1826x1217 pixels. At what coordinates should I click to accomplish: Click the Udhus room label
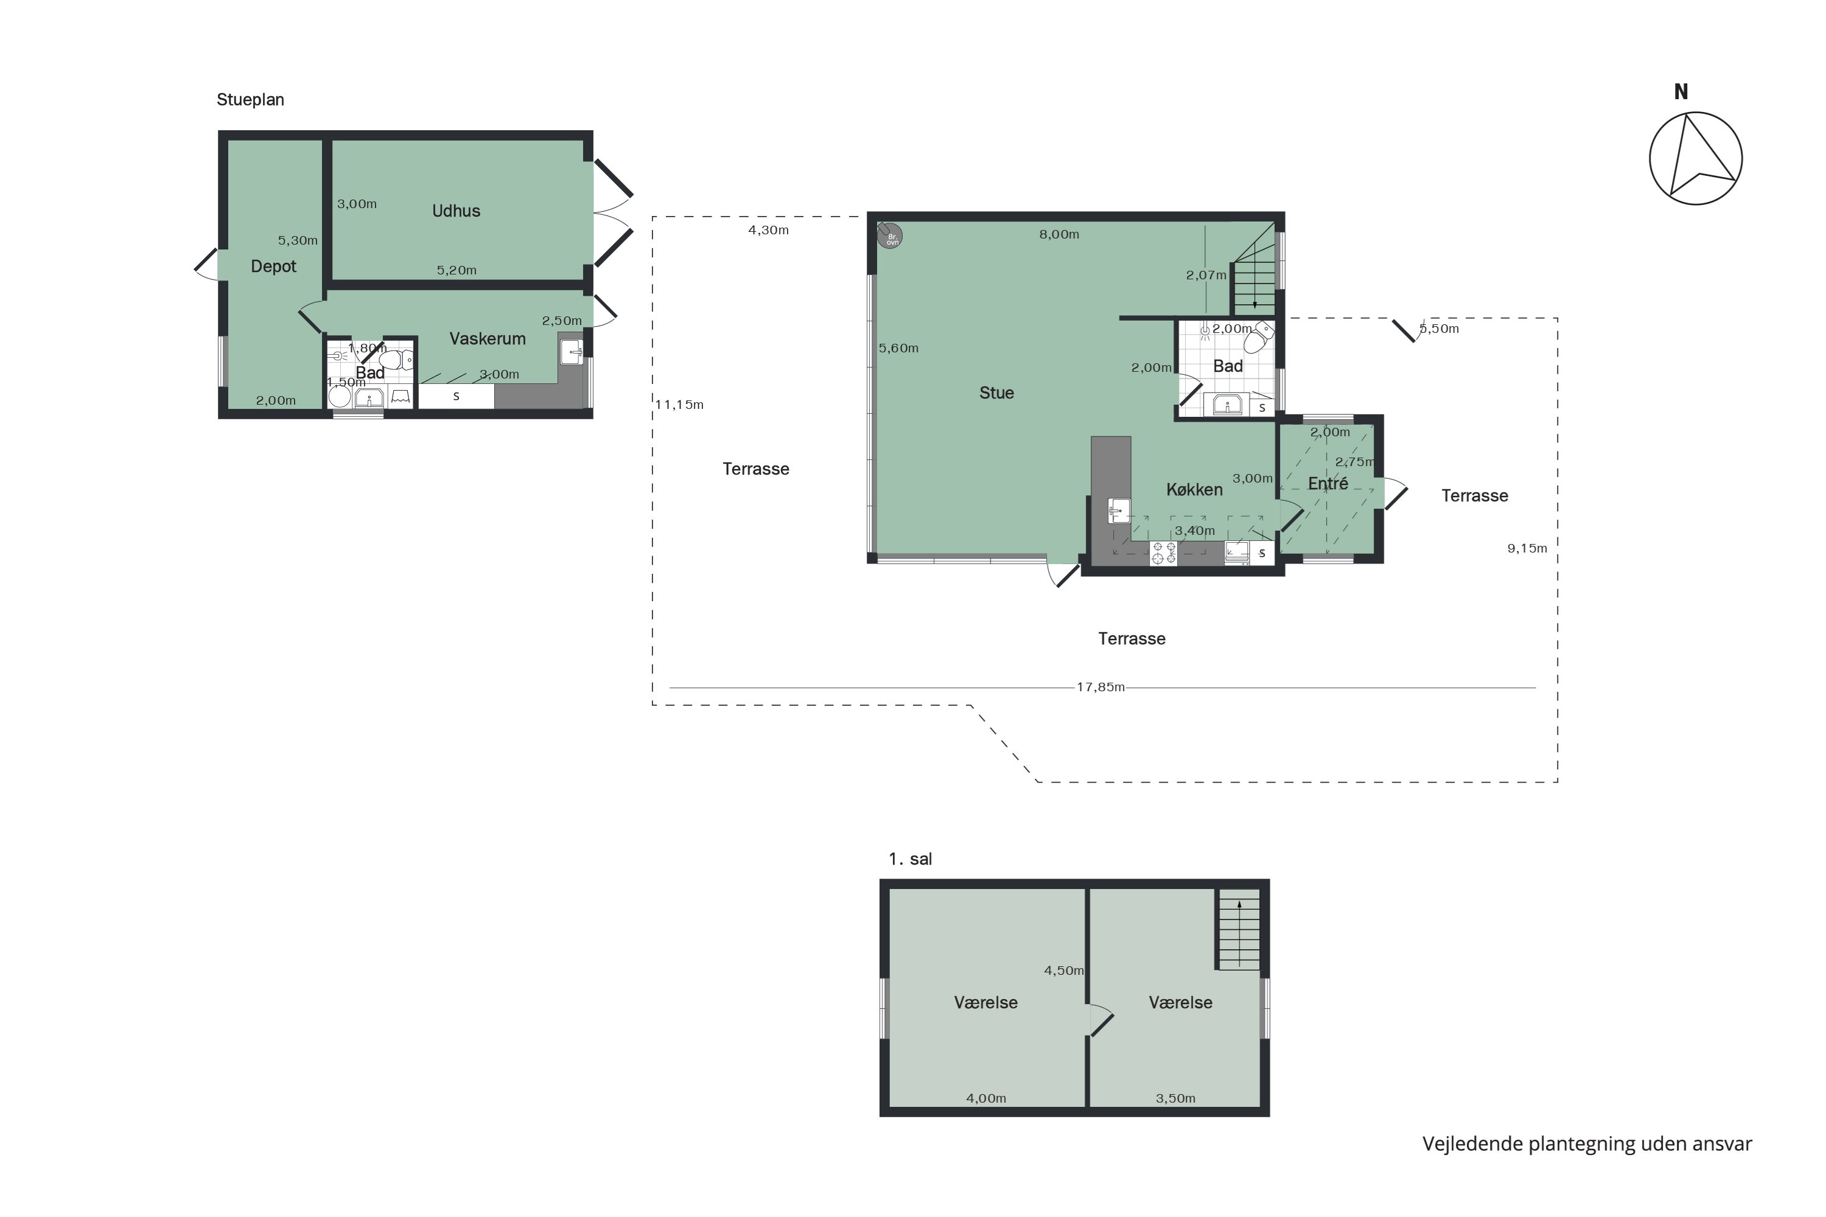(x=456, y=211)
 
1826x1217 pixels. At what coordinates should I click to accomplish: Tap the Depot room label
(x=273, y=267)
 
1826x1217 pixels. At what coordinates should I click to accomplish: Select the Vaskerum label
(x=487, y=338)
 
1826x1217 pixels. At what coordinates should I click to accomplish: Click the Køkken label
(x=1194, y=490)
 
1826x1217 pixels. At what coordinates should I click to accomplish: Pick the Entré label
(x=1328, y=484)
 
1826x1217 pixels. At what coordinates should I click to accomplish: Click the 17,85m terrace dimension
(x=1100, y=687)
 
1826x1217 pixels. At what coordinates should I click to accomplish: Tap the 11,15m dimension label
(x=679, y=405)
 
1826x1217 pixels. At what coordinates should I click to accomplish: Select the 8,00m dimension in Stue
(x=1059, y=234)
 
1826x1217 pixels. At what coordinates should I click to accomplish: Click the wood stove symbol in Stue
(x=890, y=236)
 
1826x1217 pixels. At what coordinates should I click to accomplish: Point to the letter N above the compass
(x=1681, y=92)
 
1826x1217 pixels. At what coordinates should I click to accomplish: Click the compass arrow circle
(x=1696, y=158)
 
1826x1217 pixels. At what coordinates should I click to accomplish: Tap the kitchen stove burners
(x=1163, y=553)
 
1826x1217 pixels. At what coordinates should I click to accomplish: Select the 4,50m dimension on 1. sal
(x=1063, y=970)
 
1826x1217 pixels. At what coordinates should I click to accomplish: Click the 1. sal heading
(x=910, y=859)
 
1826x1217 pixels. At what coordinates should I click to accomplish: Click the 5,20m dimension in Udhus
(x=456, y=270)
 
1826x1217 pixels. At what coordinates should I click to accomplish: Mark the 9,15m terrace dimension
(x=1527, y=549)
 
